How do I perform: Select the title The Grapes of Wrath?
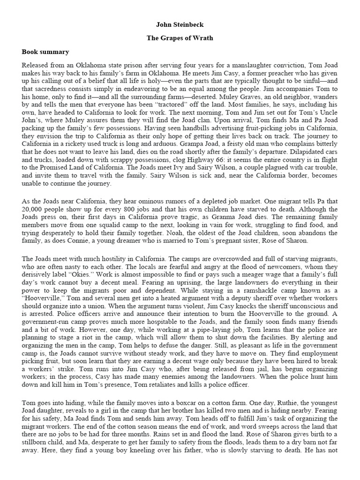[x=180, y=38]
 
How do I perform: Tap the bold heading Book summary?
[x=45, y=52]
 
